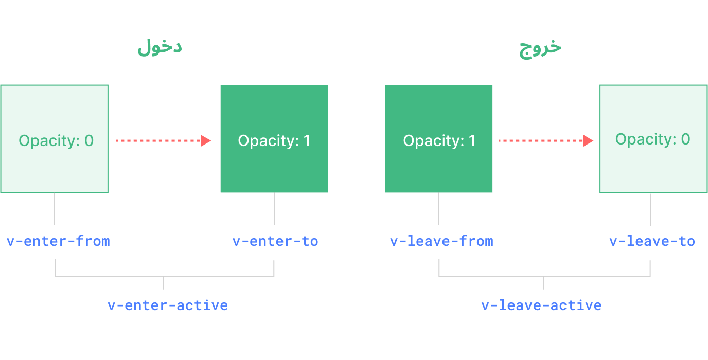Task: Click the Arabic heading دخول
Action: [160, 47]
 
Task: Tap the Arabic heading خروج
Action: [540, 47]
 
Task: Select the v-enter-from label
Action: [58, 241]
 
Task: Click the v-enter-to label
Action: [275, 241]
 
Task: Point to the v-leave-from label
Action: [441, 241]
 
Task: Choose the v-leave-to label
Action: [652, 241]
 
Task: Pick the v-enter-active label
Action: [168, 305]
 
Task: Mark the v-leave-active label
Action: [541, 305]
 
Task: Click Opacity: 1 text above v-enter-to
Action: [274, 141]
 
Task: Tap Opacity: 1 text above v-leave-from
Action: [439, 141]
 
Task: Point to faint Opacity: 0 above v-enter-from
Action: [56, 141]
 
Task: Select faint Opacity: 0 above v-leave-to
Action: [652, 139]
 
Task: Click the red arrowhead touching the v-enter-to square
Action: [206, 140]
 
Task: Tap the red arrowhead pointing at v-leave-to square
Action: [588, 140]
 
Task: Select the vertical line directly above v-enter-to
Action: [274, 209]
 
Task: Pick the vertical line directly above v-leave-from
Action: [439, 209]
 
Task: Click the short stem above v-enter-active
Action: [163, 283]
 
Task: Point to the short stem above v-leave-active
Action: [543, 283]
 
